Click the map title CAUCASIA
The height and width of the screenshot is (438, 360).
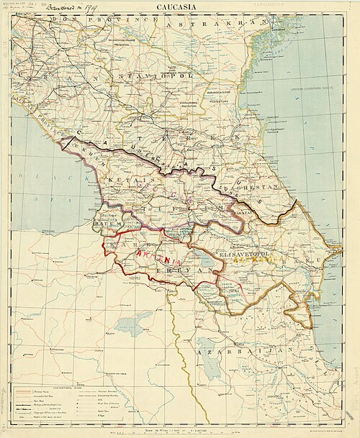tap(179, 6)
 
